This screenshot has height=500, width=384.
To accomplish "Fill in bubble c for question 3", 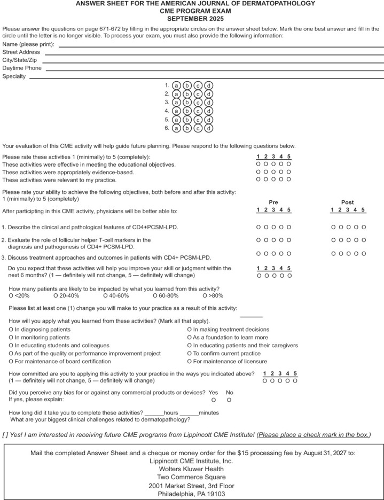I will (x=198, y=103).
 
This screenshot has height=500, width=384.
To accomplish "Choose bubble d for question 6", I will (x=209, y=128).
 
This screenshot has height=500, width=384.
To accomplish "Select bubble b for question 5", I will (x=187, y=120).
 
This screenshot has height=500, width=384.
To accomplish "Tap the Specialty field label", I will (x=14, y=77).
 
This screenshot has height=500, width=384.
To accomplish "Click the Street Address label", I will (x=21, y=52).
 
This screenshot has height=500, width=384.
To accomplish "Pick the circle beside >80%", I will (x=205, y=295).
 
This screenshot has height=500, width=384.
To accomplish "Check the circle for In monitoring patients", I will (x=11, y=338).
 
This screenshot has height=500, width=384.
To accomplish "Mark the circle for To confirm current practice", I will (x=190, y=354).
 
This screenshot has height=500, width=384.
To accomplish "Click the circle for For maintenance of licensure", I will (x=190, y=362).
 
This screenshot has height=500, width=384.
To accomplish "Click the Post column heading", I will (x=347, y=202).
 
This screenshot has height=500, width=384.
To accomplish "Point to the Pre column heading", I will (x=273, y=202).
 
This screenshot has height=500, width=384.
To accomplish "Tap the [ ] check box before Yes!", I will (x=6, y=434).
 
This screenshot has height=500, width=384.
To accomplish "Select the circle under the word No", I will (x=229, y=400).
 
